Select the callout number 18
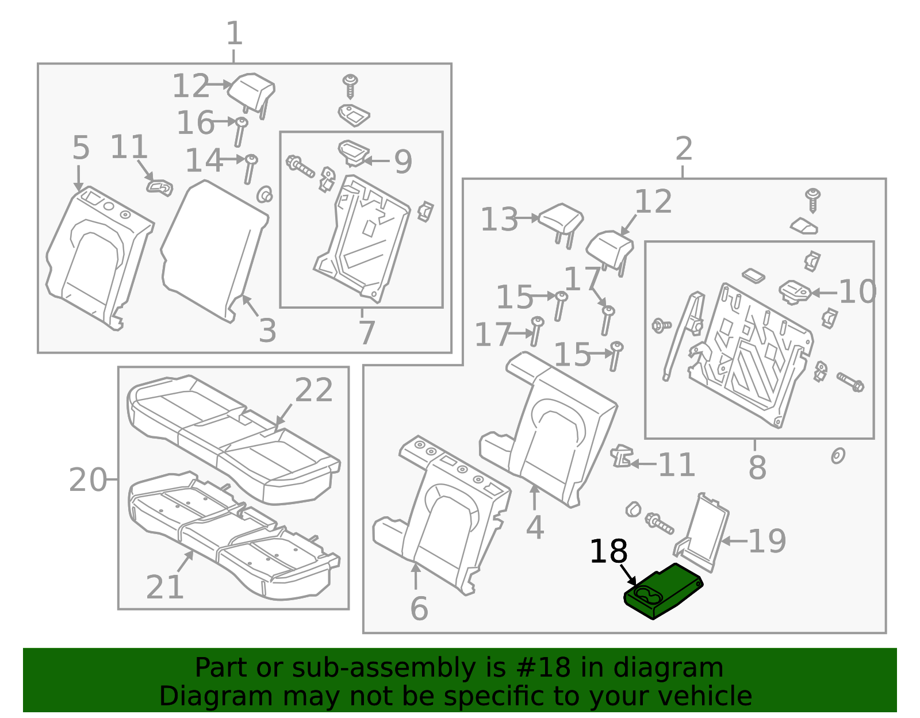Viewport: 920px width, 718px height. click(x=608, y=552)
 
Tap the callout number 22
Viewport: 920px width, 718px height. click(x=314, y=390)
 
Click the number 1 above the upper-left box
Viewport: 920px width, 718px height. click(x=234, y=34)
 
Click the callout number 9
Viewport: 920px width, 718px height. click(x=403, y=162)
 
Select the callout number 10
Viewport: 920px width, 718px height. click(x=857, y=292)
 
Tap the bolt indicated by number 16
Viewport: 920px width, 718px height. click(x=240, y=132)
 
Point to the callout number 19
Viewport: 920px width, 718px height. click(x=766, y=541)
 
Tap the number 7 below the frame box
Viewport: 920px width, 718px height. click(x=366, y=332)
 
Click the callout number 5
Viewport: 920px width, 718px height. click(x=81, y=148)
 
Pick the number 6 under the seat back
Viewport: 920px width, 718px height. click(x=419, y=608)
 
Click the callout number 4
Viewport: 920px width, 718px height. click(x=535, y=527)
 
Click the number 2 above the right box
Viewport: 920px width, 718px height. click(x=683, y=149)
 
